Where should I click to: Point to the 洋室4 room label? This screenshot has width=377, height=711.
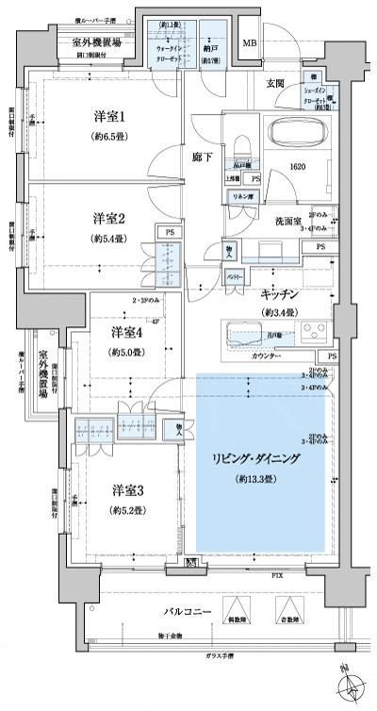(128, 333)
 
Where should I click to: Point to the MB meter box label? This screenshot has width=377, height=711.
(250, 43)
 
